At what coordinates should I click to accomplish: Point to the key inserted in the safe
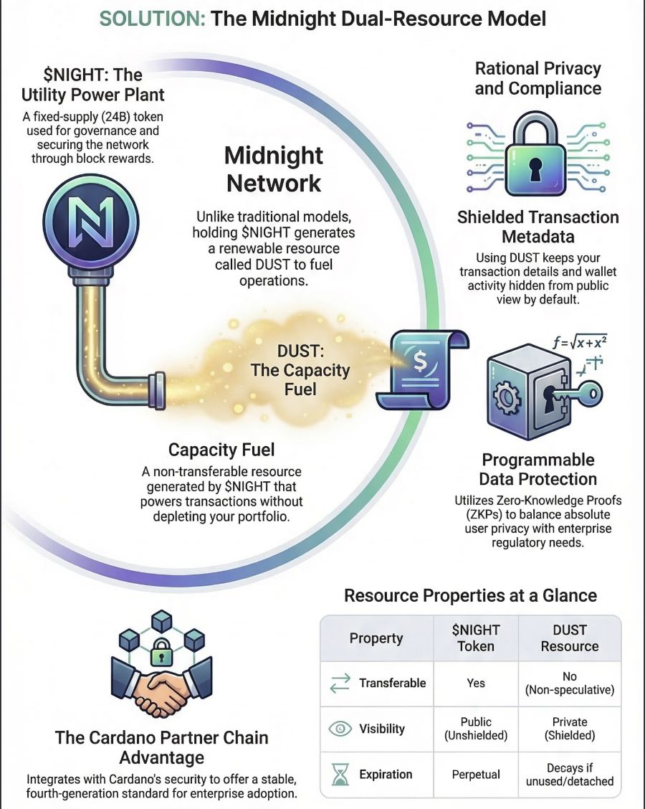click(x=573, y=393)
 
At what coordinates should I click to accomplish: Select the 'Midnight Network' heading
click(x=274, y=169)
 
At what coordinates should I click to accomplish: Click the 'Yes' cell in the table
click(x=476, y=683)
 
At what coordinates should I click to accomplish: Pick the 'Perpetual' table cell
click(x=476, y=775)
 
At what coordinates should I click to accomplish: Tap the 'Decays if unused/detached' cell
click(x=570, y=775)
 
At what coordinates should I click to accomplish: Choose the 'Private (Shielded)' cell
click(x=570, y=729)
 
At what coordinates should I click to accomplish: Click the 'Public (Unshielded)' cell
click(x=476, y=729)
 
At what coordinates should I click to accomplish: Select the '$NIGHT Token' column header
click(x=476, y=638)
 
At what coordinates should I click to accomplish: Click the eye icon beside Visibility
click(x=339, y=729)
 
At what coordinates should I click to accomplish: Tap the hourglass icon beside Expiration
click(x=339, y=775)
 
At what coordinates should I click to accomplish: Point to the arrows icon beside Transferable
click(x=339, y=683)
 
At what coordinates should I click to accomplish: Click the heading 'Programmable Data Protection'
click(x=538, y=469)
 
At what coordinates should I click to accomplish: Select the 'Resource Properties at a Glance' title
click(x=470, y=595)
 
